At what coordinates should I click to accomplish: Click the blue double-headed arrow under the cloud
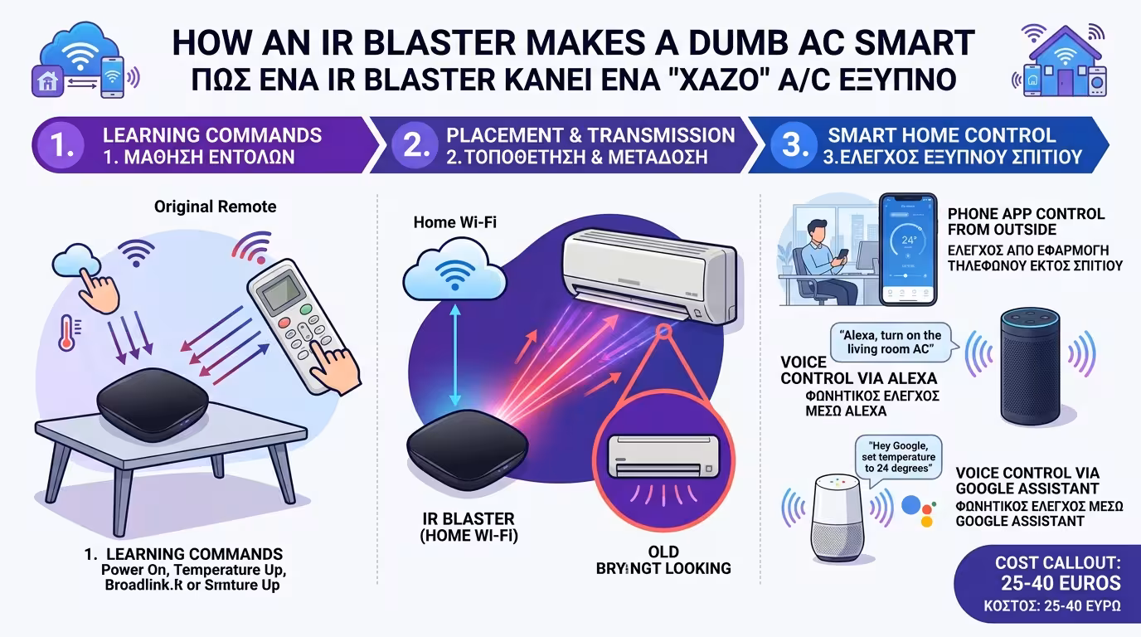click(453, 352)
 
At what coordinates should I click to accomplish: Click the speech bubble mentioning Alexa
click(891, 343)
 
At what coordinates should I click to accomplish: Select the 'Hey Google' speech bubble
click(899, 457)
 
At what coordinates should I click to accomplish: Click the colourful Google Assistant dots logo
click(917, 508)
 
